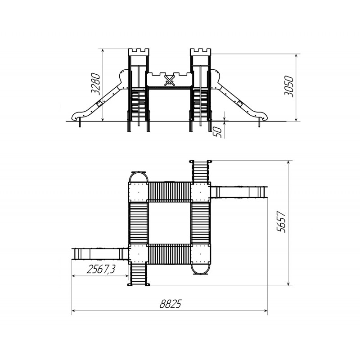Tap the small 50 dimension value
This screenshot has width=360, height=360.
pos(218,132)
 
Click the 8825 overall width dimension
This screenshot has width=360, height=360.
pos(170,304)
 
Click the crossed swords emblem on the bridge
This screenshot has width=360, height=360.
pos(170,81)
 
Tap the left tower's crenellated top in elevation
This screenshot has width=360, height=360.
pos(138,52)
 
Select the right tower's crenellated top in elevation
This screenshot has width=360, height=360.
pos(201,52)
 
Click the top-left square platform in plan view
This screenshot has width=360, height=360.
pos(138,192)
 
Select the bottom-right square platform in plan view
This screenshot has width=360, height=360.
pos(201,255)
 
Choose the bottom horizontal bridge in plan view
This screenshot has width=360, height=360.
pos(169,255)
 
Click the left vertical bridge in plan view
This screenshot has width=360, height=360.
pos(138,223)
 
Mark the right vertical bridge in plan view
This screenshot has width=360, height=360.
pos(201,223)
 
